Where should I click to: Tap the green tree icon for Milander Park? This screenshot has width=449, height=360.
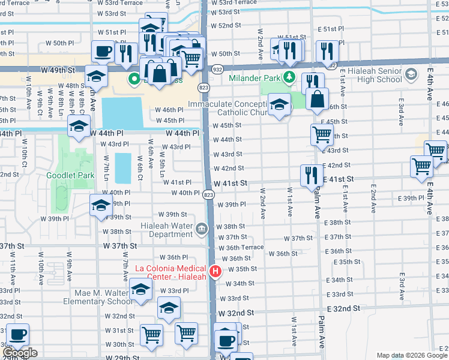pos(289,77)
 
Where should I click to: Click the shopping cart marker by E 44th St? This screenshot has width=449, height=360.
pos(322,135)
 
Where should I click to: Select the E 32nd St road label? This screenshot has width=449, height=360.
pos(343,308)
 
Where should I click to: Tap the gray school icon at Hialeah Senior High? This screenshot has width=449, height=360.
pos(411,75)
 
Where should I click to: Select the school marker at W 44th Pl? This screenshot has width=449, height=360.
pos(78,127)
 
